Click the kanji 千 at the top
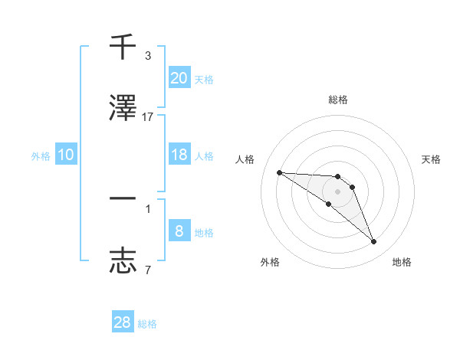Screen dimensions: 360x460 tap(123, 47)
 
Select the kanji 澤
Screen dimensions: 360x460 tap(123, 107)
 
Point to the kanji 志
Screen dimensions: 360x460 tap(123, 260)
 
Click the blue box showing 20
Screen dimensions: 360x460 tap(179, 77)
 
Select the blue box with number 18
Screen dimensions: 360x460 tap(179, 155)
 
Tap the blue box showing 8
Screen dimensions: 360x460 tap(179, 231)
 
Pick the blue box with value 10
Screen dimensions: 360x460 tap(66, 155)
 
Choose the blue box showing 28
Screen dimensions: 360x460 tap(123, 322)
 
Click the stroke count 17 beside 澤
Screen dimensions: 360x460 tap(148, 116)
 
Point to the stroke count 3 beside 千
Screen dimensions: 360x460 tap(148, 55)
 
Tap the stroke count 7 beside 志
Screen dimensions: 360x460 tap(148, 270)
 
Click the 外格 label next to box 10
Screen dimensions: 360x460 tap(41, 155)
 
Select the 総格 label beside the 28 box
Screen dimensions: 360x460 tap(147, 324)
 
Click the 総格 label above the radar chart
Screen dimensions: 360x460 tap(338, 100)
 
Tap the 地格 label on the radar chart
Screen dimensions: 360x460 tap(402, 262)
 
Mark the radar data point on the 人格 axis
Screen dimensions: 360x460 tap(279, 172)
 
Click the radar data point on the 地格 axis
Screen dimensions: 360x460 tap(374, 242)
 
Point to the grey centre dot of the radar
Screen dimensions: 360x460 tap(337, 191)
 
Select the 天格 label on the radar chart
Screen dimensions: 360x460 tap(432, 159)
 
